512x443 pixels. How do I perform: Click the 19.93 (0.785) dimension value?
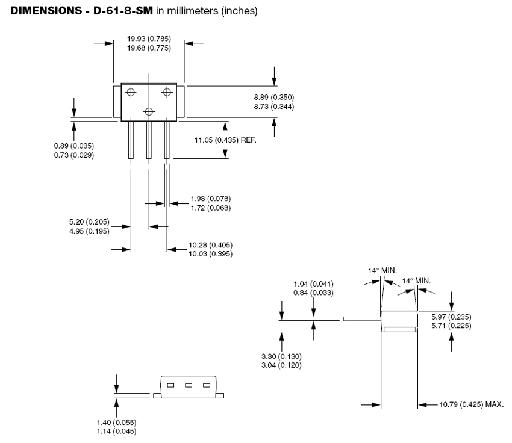click(149, 39)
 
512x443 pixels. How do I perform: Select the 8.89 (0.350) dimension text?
click(274, 98)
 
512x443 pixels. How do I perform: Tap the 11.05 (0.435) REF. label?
click(226, 140)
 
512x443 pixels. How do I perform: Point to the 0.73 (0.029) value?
click(74, 155)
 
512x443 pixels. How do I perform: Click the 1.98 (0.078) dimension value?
click(211, 199)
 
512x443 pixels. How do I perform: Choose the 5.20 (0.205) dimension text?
click(89, 222)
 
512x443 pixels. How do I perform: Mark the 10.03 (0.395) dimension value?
click(211, 254)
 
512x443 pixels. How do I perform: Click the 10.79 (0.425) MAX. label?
click(472, 404)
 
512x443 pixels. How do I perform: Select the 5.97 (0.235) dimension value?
click(451, 317)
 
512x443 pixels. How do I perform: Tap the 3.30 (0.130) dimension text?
click(281, 356)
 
